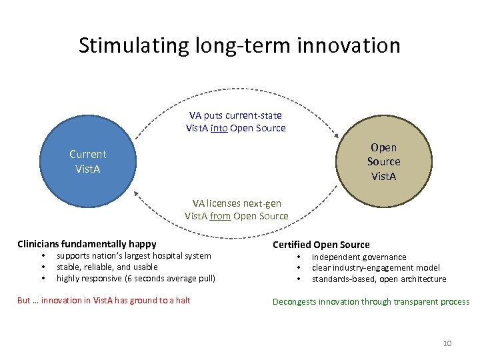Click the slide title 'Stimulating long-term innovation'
(x=239, y=45)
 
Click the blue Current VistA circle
(x=87, y=161)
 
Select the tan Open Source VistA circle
(x=383, y=161)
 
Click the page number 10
(x=447, y=343)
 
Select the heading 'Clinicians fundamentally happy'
(x=87, y=244)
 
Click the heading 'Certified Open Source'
(x=321, y=245)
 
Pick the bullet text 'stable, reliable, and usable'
(x=107, y=267)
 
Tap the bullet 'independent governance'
(x=359, y=257)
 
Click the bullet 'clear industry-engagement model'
(x=376, y=267)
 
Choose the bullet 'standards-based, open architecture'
(x=379, y=279)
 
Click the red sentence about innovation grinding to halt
(x=103, y=301)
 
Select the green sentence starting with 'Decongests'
(x=371, y=302)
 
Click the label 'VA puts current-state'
(x=235, y=115)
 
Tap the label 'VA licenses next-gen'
(x=237, y=203)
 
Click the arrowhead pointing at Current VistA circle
(x=137, y=194)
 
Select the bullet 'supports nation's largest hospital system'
(x=133, y=255)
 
